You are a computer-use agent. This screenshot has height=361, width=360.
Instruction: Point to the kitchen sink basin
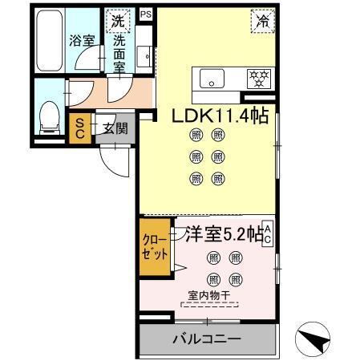[213, 79]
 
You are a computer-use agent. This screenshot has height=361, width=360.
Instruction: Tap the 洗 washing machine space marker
[118, 20]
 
